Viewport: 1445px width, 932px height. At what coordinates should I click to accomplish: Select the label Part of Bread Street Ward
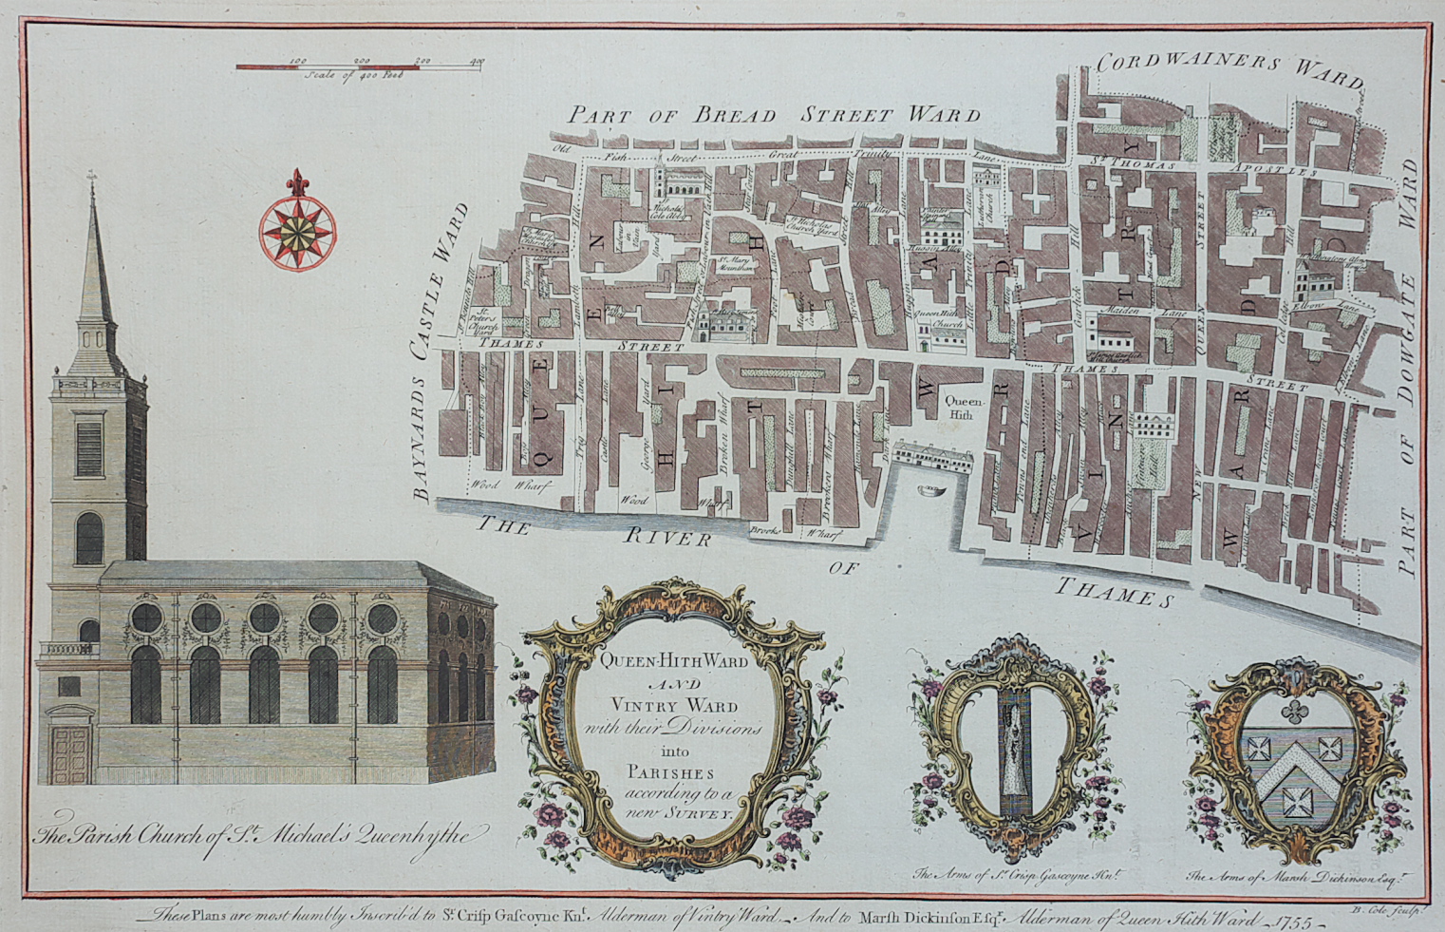pyautogui.click(x=774, y=116)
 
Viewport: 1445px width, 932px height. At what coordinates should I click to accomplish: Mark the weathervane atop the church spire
pyautogui.click(x=92, y=178)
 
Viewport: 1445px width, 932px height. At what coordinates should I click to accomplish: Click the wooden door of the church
pyautogui.click(x=69, y=754)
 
